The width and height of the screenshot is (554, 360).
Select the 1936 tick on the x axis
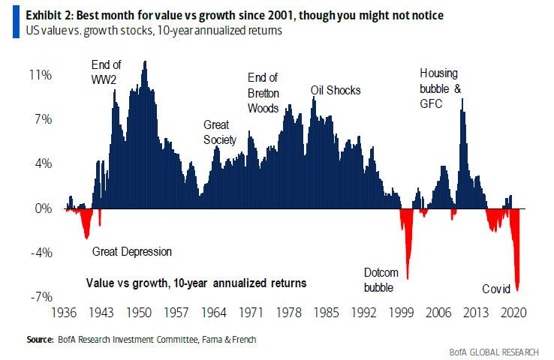66,310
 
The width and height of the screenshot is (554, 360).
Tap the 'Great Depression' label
132,252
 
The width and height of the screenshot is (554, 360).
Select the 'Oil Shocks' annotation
336,91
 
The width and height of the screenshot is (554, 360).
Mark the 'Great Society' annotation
220,133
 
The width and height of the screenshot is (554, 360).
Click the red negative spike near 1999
407,247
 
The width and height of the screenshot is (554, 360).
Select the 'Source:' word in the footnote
41,340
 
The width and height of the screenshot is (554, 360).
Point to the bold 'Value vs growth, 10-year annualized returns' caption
194,283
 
